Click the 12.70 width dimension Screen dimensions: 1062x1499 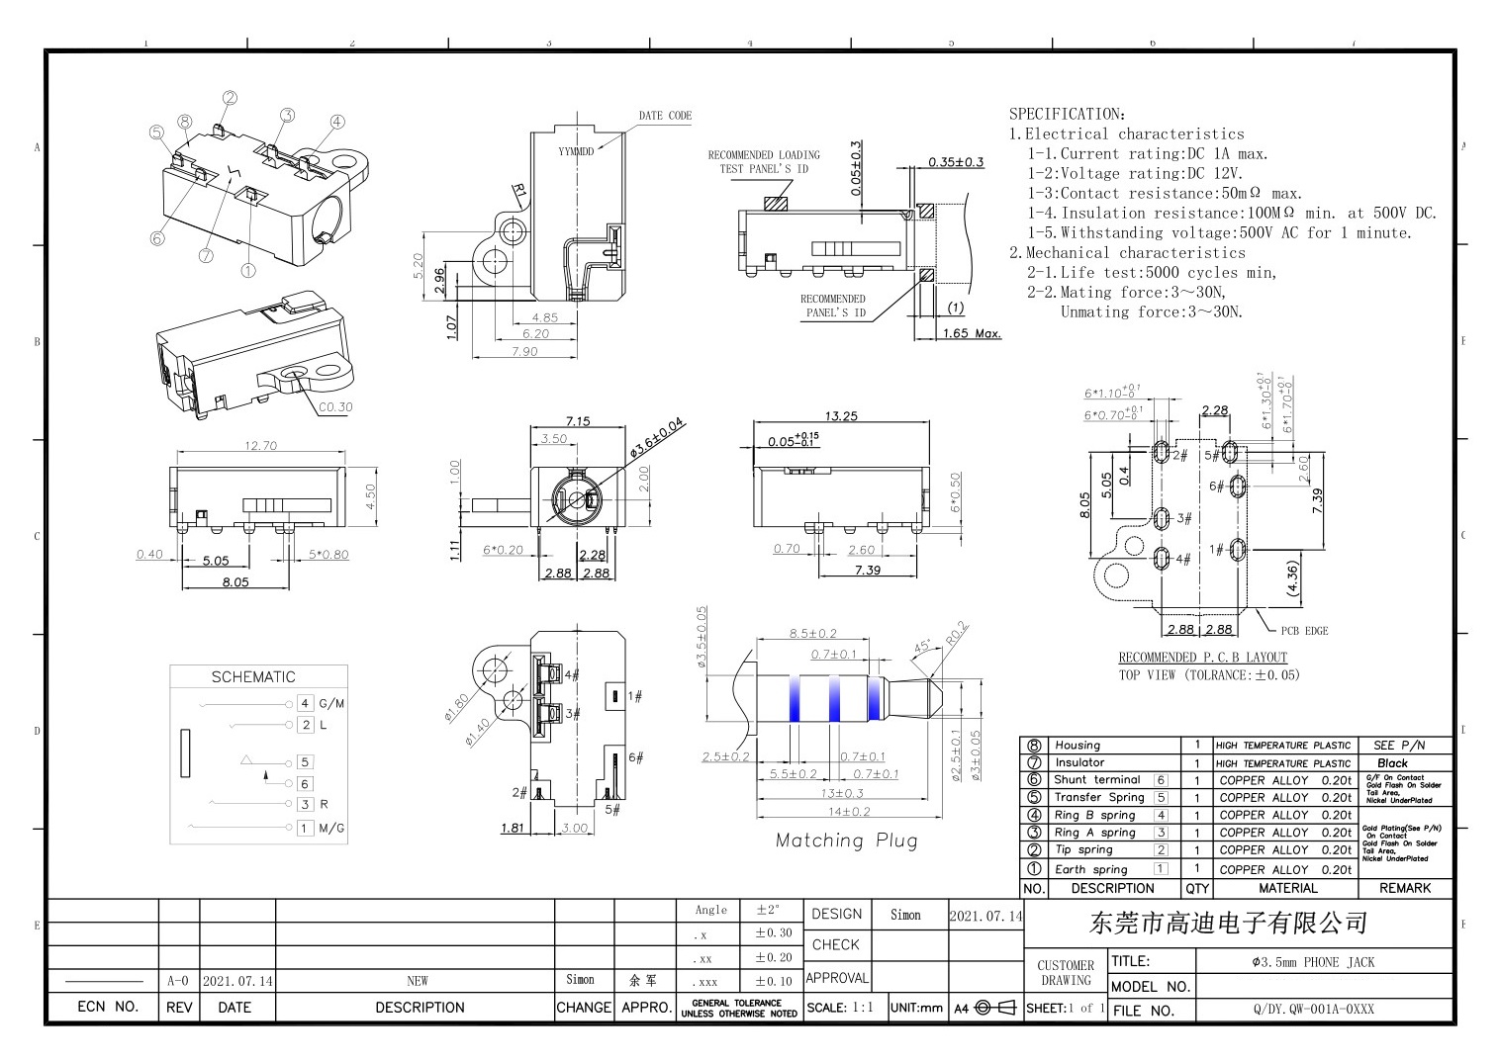pyautogui.click(x=260, y=446)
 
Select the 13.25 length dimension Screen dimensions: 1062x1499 pyautogui.click(x=841, y=416)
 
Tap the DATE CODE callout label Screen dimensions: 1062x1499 pyautogui.click(x=665, y=116)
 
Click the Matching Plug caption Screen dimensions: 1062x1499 pyautogui.click(x=846, y=841)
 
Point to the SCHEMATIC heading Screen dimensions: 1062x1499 pyautogui.click(x=253, y=677)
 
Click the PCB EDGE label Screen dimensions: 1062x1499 pyautogui.click(x=1304, y=631)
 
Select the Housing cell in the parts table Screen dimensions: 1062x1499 pyautogui.click(x=1077, y=746)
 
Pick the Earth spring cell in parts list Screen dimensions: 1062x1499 pyautogui.click(x=1090, y=870)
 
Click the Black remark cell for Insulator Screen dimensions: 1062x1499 pyautogui.click(x=1391, y=763)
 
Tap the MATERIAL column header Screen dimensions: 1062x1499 pyautogui.click(x=1287, y=889)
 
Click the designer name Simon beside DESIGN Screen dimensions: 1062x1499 pyautogui.click(x=905, y=916)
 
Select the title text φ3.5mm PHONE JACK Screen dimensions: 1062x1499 pyautogui.click(x=1313, y=962)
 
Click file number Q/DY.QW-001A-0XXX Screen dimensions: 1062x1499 pyautogui.click(x=1313, y=1010)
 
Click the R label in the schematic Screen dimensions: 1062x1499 pyautogui.click(x=324, y=805)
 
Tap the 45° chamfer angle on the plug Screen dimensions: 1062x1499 pyautogui.click(x=922, y=648)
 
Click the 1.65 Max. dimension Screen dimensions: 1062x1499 pyautogui.click(x=971, y=334)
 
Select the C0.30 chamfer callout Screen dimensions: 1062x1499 pyautogui.click(x=335, y=407)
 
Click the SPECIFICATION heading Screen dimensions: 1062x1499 pyautogui.click(x=1067, y=114)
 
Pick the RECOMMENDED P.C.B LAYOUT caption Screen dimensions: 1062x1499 pyautogui.click(x=1202, y=658)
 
